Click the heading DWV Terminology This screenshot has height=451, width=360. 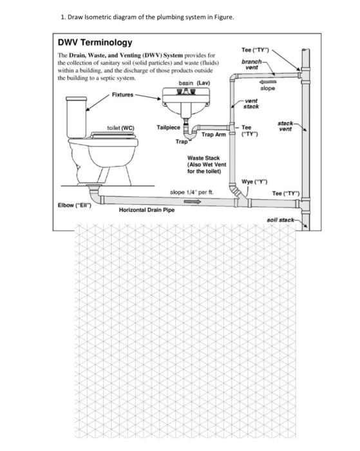point(96,42)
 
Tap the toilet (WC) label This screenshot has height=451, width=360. point(120,128)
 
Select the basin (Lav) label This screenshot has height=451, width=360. point(194,83)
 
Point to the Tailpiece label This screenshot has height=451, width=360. point(168,128)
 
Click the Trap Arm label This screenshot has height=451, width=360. point(213,135)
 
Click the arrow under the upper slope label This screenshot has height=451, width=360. point(268,81)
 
